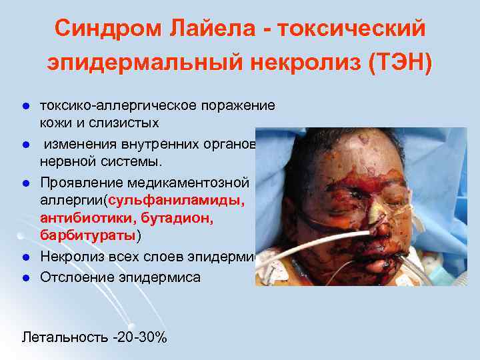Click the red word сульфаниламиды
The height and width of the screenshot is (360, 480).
click(x=178, y=200)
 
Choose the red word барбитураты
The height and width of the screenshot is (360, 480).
click(x=88, y=235)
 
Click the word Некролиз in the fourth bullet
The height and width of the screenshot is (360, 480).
click(x=72, y=257)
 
